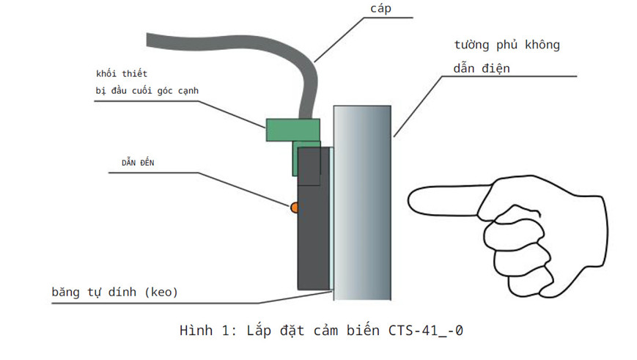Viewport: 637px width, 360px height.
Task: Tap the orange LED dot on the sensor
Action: (295, 208)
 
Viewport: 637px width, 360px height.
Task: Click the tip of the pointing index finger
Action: (412, 197)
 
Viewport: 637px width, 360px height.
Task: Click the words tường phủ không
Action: (507, 45)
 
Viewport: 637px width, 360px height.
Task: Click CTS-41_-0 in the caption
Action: (426, 330)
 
